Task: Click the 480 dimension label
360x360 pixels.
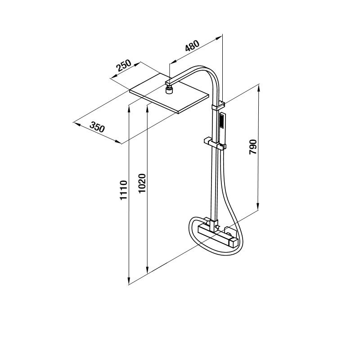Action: pyautogui.click(x=193, y=46)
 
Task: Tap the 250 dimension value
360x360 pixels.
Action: pyautogui.click(x=123, y=65)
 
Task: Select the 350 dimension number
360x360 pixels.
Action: pyautogui.click(x=97, y=127)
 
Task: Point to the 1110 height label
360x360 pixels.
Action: pyautogui.click(x=123, y=190)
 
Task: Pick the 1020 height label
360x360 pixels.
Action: pyautogui.click(x=142, y=183)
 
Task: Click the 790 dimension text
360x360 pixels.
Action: pyautogui.click(x=253, y=147)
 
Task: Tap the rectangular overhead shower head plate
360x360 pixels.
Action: pyautogui.click(x=170, y=94)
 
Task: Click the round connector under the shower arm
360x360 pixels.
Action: pyautogui.click(x=170, y=89)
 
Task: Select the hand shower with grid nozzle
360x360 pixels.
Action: pyautogui.click(x=222, y=129)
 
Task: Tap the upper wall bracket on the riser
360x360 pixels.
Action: pyautogui.click(x=218, y=106)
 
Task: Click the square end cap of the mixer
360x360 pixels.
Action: pyautogui.click(x=233, y=243)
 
